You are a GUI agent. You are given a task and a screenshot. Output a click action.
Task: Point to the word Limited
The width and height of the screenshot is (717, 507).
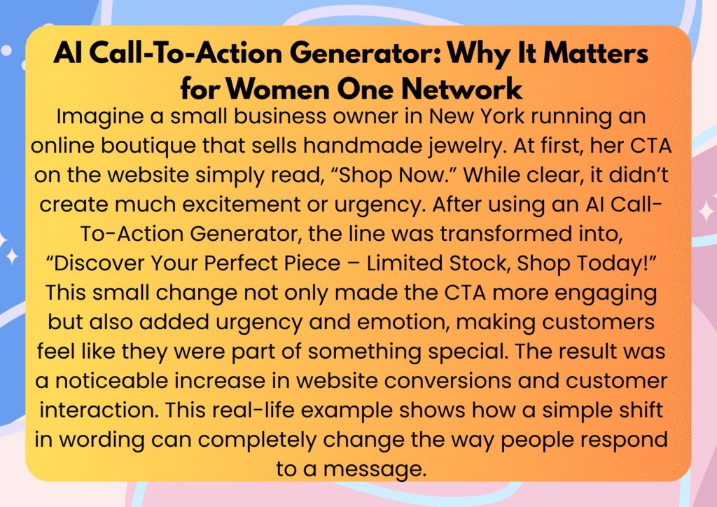coord(405,263)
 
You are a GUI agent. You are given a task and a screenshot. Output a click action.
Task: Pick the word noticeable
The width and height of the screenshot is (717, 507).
coord(111,381)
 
